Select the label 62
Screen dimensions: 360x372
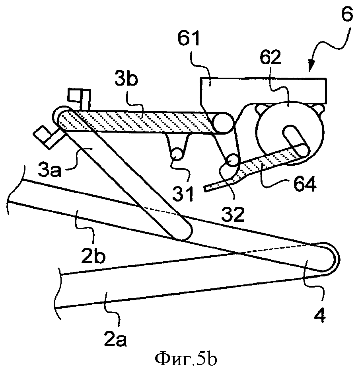(x=270, y=57)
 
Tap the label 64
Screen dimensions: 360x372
(x=305, y=184)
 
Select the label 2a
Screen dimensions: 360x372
(x=115, y=341)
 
